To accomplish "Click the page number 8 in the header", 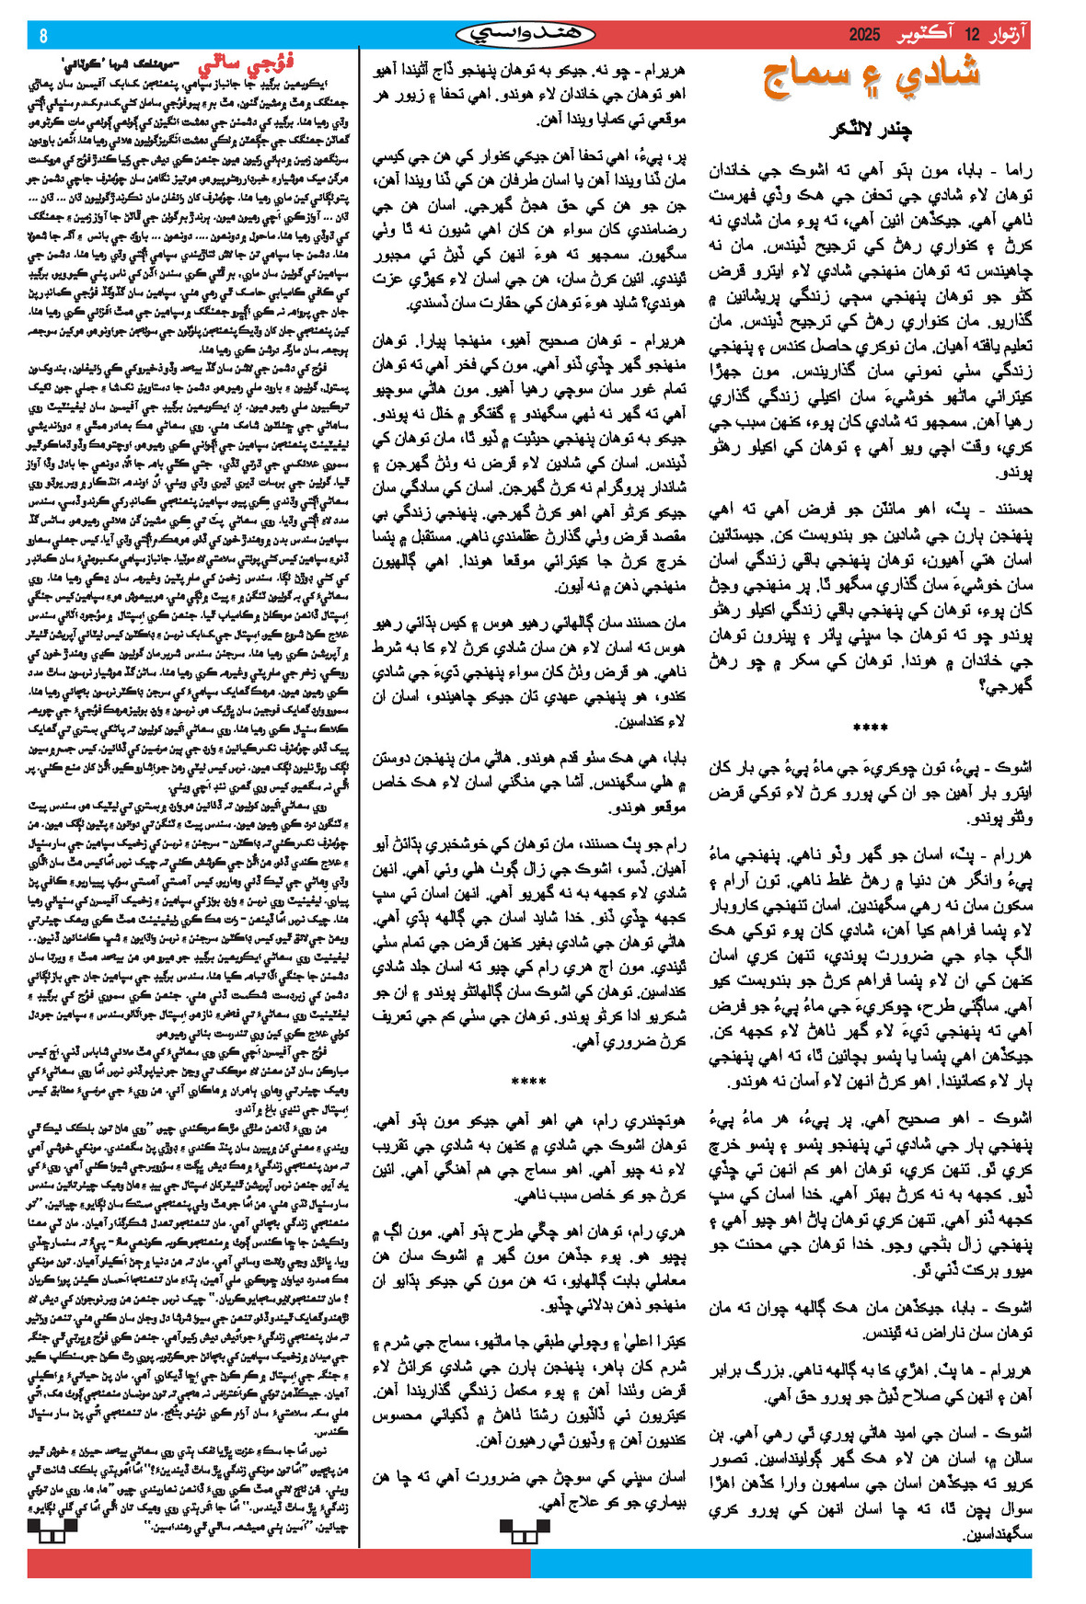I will click(x=43, y=36).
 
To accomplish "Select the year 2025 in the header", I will click(x=864, y=36).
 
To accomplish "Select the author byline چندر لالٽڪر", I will click(x=871, y=130).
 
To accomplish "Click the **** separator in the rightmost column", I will click(x=871, y=728).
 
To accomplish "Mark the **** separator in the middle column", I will click(x=528, y=1081).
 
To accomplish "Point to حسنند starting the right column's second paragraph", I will click(x=1009, y=509).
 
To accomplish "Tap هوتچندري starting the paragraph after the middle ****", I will click(x=654, y=1122).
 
